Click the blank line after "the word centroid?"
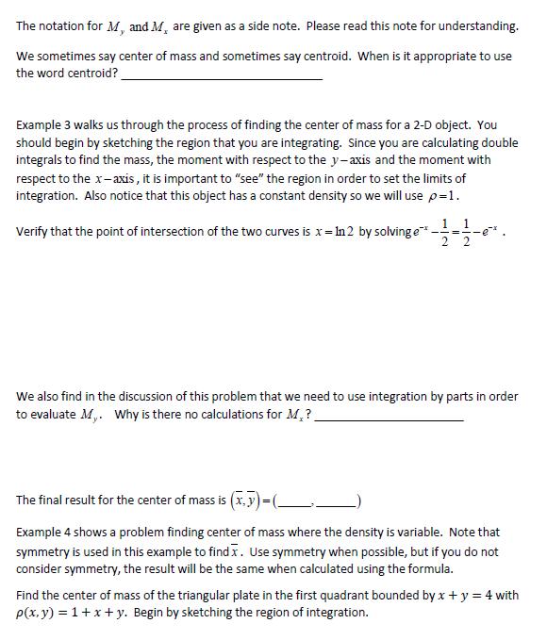pyautogui.click(x=222, y=77)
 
